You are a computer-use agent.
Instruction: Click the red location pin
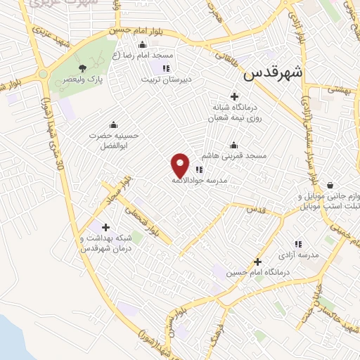[x=181, y=165]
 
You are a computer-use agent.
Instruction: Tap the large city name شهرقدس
[x=275, y=72]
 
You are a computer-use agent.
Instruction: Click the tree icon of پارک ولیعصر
[x=83, y=68]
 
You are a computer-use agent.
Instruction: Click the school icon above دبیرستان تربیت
[x=165, y=68]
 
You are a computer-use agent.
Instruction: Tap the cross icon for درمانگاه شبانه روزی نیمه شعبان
[x=234, y=96]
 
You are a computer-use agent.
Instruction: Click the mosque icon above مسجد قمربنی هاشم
[x=233, y=146]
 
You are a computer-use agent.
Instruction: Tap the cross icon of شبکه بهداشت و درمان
[x=105, y=227]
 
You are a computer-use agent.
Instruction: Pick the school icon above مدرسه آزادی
[x=298, y=244]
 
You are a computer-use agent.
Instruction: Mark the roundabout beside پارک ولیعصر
[x=43, y=74]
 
